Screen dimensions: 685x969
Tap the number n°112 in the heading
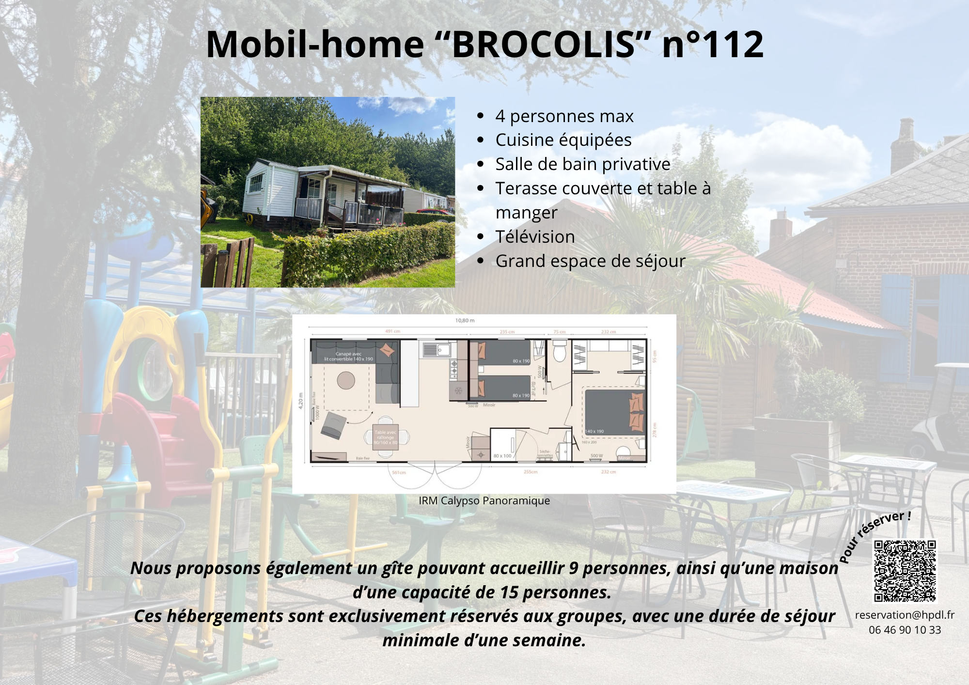pyautogui.click(x=713, y=45)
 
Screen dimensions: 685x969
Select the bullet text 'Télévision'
pyautogui.click(x=535, y=237)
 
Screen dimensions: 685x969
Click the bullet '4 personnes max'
pyautogui.click(x=564, y=116)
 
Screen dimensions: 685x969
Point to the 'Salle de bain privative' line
pyautogui.click(x=582, y=164)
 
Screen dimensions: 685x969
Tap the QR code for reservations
pyautogui.click(x=905, y=571)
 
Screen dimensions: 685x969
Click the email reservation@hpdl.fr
pyautogui.click(x=905, y=615)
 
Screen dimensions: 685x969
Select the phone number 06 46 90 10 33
pyautogui.click(x=905, y=630)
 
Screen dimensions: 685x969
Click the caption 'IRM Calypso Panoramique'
pyautogui.click(x=484, y=500)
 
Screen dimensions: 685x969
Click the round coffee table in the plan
pyautogui.click(x=346, y=380)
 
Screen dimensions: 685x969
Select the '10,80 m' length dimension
pyautogui.click(x=465, y=320)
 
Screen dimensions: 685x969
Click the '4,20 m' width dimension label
pyautogui.click(x=301, y=401)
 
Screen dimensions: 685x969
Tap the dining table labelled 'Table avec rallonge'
pyautogui.click(x=386, y=437)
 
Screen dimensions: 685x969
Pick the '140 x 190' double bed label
pyautogui.click(x=595, y=431)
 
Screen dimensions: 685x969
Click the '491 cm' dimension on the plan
pyautogui.click(x=392, y=331)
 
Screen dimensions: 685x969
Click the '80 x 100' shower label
pyautogui.click(x=502, y=456)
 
